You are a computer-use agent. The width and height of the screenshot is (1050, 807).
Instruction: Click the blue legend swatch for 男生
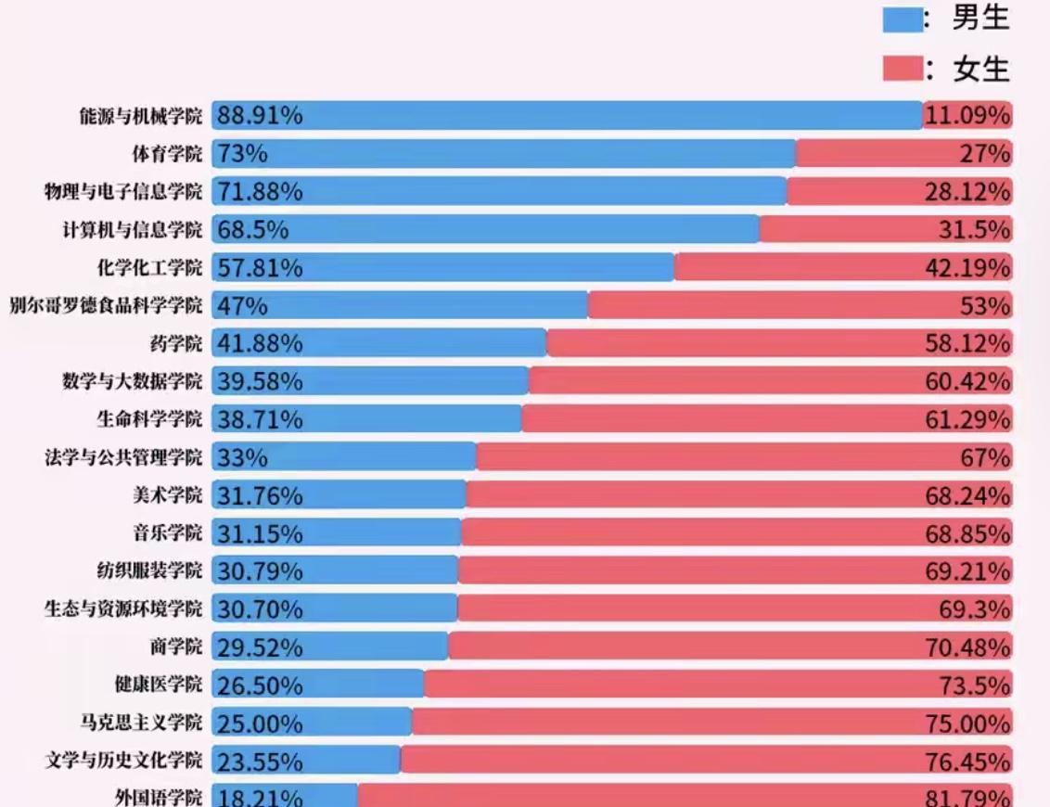902,20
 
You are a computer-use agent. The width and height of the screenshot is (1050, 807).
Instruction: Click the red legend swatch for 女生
902,69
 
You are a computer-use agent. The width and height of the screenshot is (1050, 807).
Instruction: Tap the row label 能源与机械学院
140,116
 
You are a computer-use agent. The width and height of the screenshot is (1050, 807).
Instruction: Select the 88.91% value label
260,116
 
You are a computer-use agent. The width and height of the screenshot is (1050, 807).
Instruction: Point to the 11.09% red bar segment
967,116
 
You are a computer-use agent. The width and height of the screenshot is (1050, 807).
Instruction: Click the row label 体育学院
166,154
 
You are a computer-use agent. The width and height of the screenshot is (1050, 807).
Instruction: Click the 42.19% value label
967,268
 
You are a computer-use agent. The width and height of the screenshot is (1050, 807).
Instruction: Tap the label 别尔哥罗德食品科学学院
105,306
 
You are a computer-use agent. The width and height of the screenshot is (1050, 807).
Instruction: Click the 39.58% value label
260,381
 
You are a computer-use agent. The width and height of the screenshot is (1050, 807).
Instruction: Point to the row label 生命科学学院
148,419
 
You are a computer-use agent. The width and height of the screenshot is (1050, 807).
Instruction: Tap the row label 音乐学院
166,533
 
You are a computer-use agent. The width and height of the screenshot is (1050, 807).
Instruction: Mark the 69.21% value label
967,571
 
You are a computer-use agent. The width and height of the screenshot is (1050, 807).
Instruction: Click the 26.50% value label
260,685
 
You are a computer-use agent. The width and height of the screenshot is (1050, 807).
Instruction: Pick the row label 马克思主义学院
140,724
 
